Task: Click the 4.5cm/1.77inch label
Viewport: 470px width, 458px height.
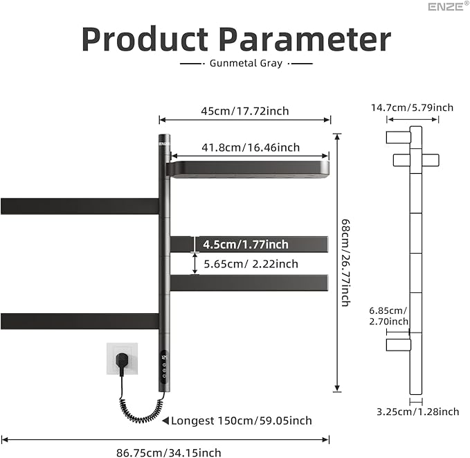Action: tap(245, 244)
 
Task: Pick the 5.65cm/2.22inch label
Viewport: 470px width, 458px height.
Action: tap(250, 263)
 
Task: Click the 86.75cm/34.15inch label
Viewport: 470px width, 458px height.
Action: tap(169, 452)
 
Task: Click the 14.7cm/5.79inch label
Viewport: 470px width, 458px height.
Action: tap(412, 107)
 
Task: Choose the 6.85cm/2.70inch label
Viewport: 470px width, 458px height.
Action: tap(388, 315)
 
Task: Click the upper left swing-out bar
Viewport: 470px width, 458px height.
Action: tap(80, 206)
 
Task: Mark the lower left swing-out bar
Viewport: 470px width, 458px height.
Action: tap(80, 321)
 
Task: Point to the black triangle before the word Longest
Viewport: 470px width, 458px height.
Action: tap(165, 421)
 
